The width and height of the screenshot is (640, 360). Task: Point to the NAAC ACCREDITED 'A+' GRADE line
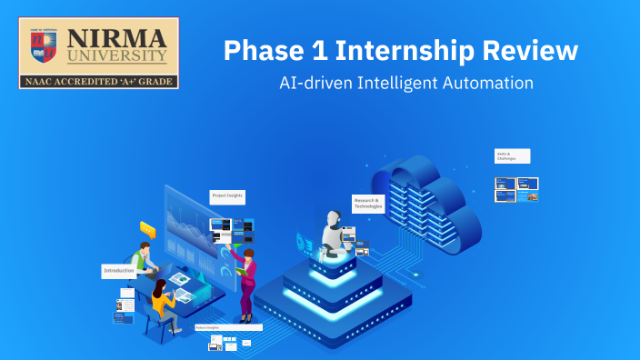tap(98, 81)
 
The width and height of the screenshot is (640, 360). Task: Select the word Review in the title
tap(527, 51)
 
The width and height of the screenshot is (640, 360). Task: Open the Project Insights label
tap(227, 195)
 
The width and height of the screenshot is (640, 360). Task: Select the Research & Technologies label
tap(368, 203)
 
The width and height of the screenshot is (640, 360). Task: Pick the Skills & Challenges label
tap(512, 155)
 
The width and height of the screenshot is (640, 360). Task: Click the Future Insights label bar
tap(228, 327)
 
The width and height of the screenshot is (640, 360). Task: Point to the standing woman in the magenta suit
tap(246, 277)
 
